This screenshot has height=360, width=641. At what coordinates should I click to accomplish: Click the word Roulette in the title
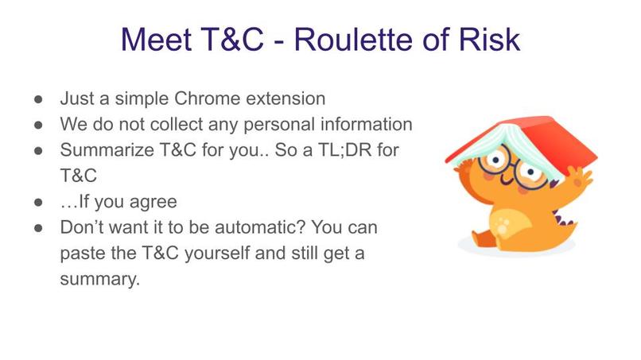[354, 37]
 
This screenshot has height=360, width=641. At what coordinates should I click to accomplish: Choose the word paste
[84, 254]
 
